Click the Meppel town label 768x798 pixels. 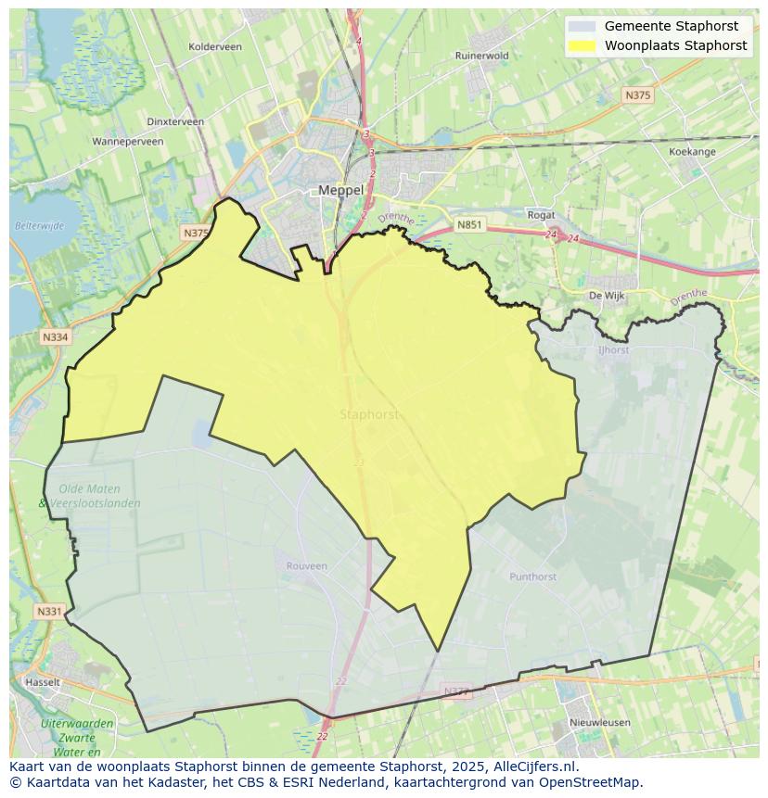coord(340,190)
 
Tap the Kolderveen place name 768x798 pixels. coord(214,46)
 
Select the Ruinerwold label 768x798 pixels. coord(481,56)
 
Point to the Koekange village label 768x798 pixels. coord(692,151)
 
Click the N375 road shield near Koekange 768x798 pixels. coord(637,95)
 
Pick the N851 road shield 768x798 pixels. coord(469,224)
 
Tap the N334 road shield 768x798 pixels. coord(55,337)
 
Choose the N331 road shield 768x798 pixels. coord(49,612)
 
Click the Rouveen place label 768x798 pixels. coord(306,566)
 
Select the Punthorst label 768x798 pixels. coord(532,576)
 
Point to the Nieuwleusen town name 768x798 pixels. coord(599,722)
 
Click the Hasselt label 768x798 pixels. coord(43,682)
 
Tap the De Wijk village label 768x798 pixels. coord(607,296)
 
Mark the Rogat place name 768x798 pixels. coord(541,215)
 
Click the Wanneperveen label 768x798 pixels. coord(128,142)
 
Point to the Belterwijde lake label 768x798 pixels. coord(39,225)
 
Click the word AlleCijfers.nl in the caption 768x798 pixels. coord(536,766)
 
